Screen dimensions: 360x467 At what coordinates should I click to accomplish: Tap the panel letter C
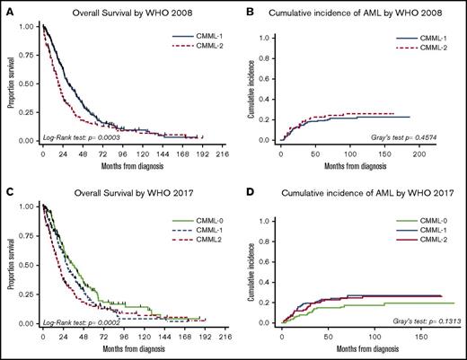[7, 187]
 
